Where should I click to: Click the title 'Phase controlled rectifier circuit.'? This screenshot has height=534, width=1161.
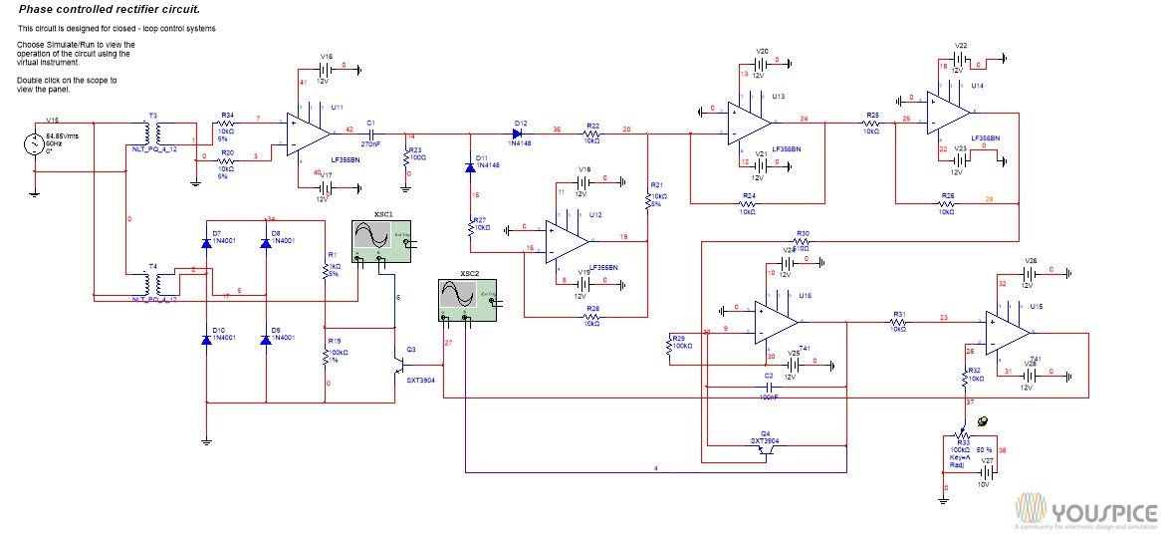(x=110, y=9)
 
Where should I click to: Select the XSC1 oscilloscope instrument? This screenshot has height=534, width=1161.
(x=383, y=242)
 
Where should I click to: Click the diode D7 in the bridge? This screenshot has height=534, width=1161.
(x=205, y=242)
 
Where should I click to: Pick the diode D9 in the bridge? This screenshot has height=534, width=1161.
(x=265, y=340)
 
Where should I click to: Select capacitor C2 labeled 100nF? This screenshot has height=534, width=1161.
(x=768, y=386)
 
